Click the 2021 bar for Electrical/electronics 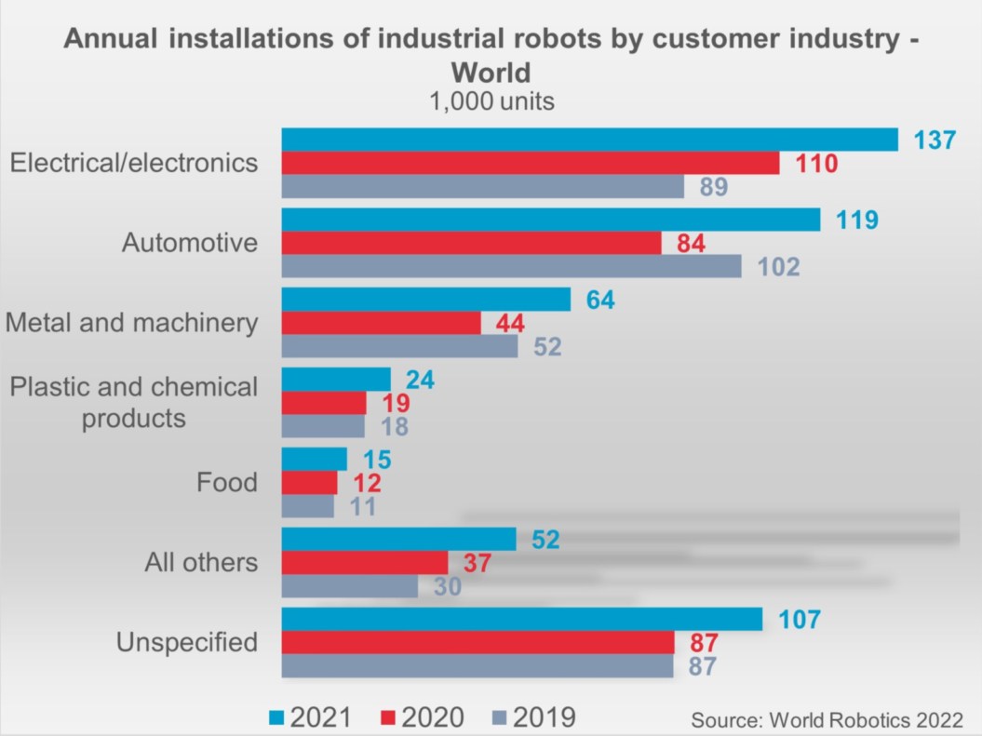(x=589, y=140)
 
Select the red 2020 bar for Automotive (x=471, y=244)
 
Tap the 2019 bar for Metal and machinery (x=399, y=346)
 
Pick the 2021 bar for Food (x=314, y=460)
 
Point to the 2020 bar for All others (x=365, y=563)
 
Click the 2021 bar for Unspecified (x=521, y=620)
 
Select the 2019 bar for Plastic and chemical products (x=323, y=426)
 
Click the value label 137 (x=935, y=141)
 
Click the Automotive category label (x=190, y=243)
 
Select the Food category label (x=226, y=483)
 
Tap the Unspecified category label (x=187, y=642)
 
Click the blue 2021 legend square (x=276, y=718)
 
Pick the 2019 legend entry (x=532, y=717)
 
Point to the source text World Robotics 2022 (x=826, y=719)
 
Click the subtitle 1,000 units (x=491, y=101)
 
